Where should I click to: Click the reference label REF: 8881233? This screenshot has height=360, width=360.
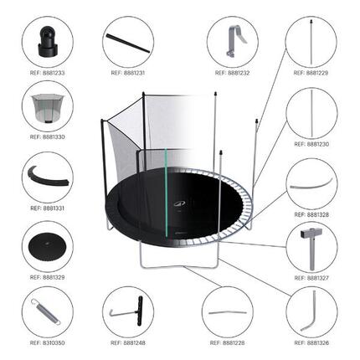click(x=47, y=73)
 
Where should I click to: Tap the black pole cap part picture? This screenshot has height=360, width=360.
click(x=47, y=42)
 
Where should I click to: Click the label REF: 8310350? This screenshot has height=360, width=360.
click(x=47, y=343)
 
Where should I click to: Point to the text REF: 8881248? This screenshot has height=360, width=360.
click(x=127, y=343)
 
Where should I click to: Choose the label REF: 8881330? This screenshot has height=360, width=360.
click(x=47, y=138)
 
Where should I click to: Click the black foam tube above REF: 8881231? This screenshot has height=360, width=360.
click(x=127, y=41)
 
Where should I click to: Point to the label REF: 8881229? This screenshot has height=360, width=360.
click(x=311, y=73)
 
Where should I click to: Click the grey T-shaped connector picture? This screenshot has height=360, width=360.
click(x=311, y=243)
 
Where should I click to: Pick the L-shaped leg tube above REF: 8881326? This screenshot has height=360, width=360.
click(x=311, y=311)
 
